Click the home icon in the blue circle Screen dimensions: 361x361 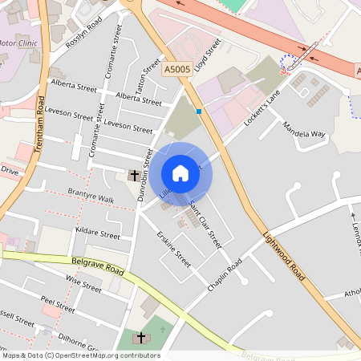click(x=180, y=173)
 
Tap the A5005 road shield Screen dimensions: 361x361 click(x=176, y=71)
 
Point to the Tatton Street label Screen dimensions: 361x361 click(x=152, y=77)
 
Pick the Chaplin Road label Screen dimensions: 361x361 click(x=224, y=276)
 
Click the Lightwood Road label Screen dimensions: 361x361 click(x=284, y=258)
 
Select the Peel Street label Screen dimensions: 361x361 click(x=57, y=304)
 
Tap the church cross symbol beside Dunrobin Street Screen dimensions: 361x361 click(x=133, y=174)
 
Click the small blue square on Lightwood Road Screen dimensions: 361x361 click(x=199, y=112)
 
